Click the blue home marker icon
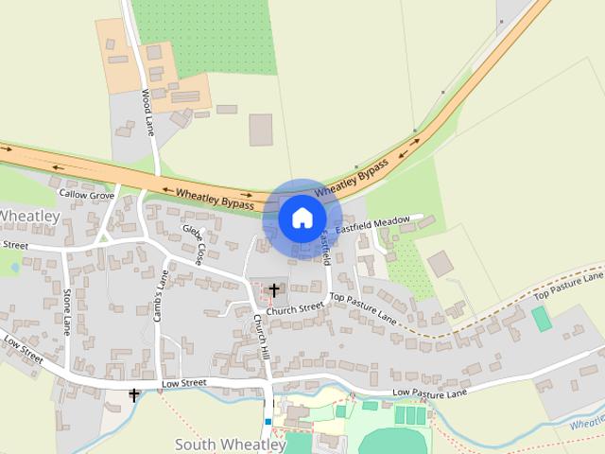pyautogui.click(x=302, y=218)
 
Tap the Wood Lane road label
pyautogui.click(x=148, y=112)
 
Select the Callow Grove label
pyautogui.click(x=86, y=193)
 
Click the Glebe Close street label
pyautogui.click(x=194, y=244)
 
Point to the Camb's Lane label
pyautogui.click(x=162, y=295)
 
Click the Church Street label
pyautogui.click(x=294, y=309)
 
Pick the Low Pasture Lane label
pyautogui.click(x=429, y=393)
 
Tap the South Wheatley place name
pyautogui.click(x=231, y=444)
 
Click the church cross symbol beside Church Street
pyautogui.click(x=274, y=289)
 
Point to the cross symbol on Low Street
pyautogui.click(x=133, y=394)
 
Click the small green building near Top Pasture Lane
pyautogui.click(x=542, y=319)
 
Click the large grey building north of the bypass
pyautogui.click(x=261, y=130)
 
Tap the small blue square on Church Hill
pyautogui.click(x=268, y=421)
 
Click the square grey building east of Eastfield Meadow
pyautogui.click(x=440, y=263)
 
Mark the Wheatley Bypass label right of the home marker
pyautogui.click(x=352, y=179)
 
